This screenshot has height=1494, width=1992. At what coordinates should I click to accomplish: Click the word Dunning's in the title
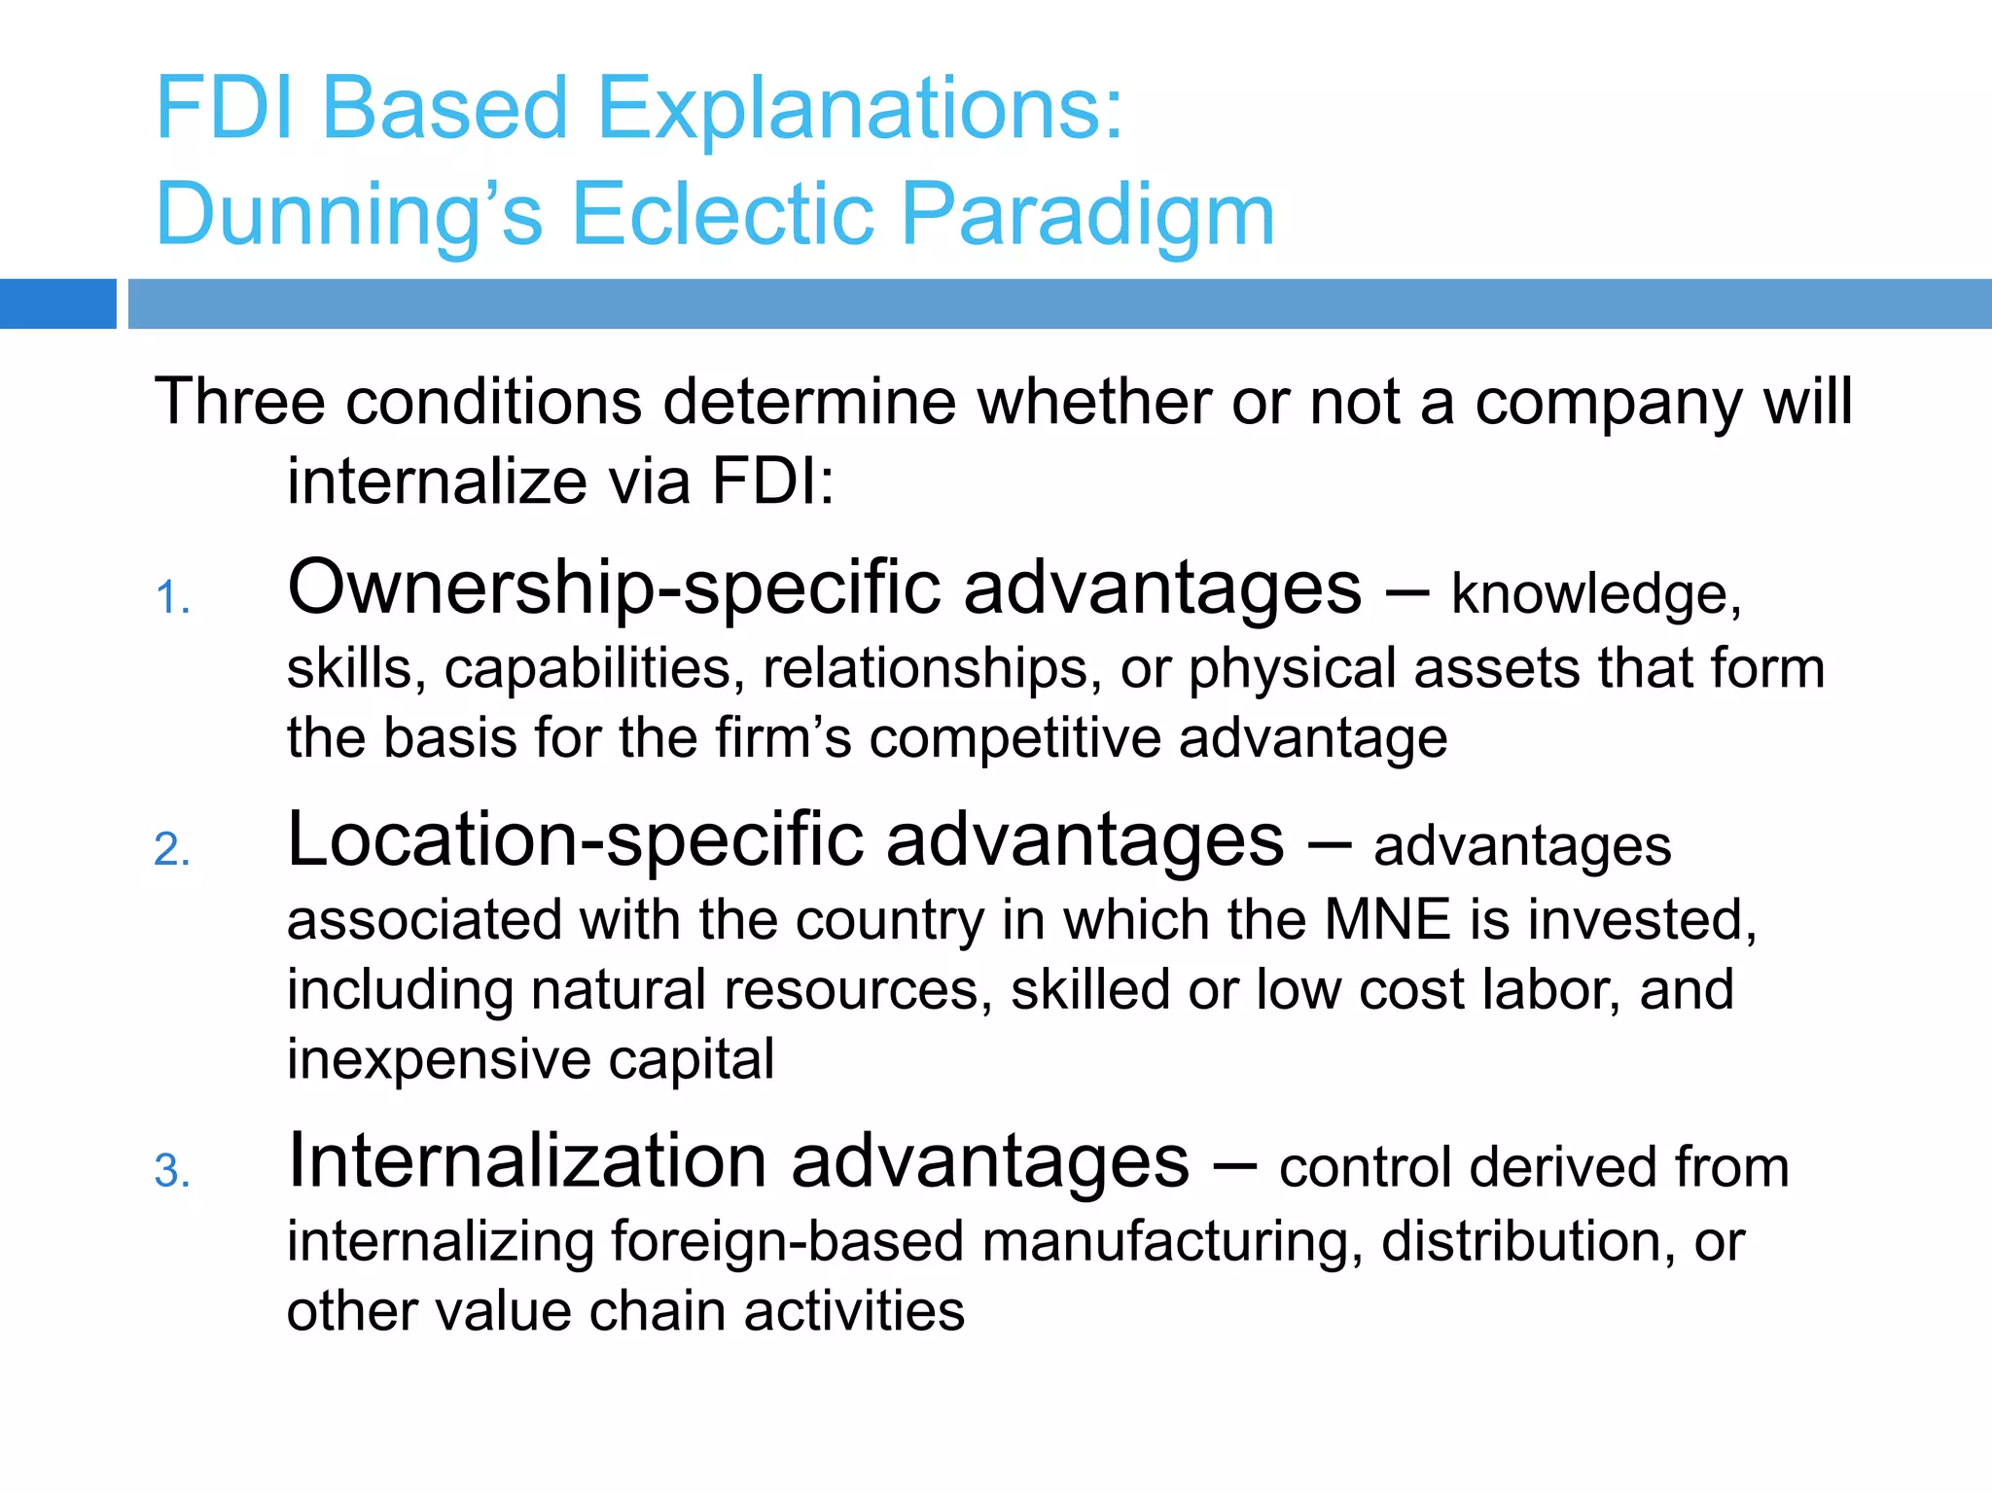348,215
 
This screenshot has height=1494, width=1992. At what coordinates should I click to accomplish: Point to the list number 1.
172,598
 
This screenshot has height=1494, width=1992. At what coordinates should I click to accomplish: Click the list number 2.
172,850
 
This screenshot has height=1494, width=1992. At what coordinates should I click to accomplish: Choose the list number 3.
172,1171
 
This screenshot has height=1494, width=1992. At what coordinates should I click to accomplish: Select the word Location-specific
575,841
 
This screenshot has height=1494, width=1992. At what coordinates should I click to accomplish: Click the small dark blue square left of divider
57,303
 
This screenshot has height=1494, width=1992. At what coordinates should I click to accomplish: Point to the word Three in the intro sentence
238,402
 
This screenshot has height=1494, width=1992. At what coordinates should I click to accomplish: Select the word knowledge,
1596,594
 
